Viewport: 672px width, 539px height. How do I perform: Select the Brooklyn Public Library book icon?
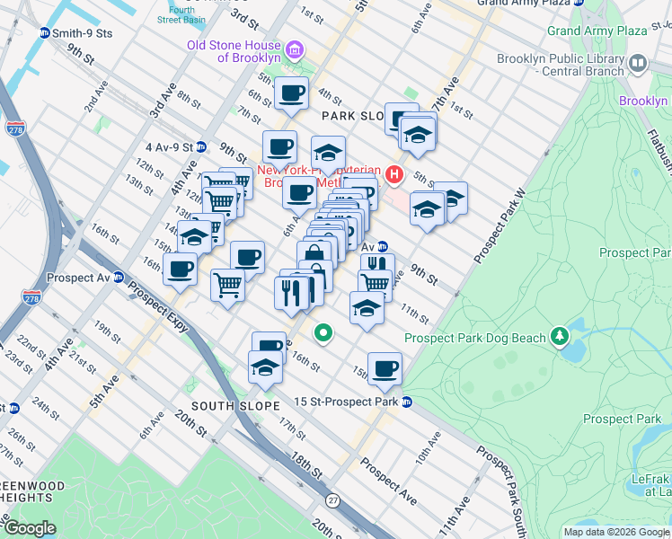coord(638,63)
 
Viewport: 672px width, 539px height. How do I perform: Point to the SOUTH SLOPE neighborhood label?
coord(226,405)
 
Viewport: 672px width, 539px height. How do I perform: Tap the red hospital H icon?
coord(393,173)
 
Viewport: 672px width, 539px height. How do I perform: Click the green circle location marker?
coord(323,333)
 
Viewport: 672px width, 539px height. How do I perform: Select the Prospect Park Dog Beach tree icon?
coord(561,335)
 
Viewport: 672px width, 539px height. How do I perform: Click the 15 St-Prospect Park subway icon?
coord(407,402)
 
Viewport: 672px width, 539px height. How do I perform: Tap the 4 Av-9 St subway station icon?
coord(202,146)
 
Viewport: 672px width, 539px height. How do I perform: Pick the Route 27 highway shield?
coord(332,499)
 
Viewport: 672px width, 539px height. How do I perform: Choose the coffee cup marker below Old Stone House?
coord(291,93)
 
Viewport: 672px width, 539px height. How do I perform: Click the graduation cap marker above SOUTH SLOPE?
coord(265,367)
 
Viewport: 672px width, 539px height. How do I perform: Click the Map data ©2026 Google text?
coord(615,532)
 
